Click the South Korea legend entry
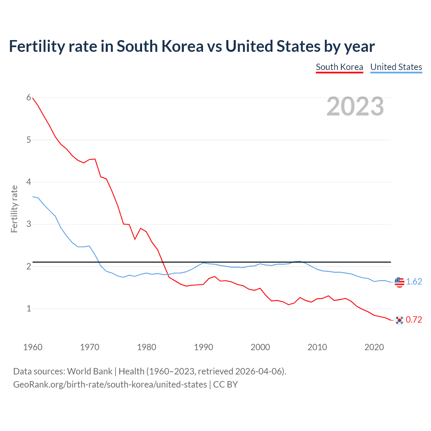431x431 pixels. [339, 67]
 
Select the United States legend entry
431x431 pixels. [396, 67]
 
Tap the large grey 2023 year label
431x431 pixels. [355, 106]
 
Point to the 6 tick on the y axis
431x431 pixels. [29, 98]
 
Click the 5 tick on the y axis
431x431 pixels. [29, 140]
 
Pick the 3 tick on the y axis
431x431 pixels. [29, 224]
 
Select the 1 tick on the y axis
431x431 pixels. [29, 308]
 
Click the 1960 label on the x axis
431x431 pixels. [33, 347]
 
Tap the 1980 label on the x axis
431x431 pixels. [146, 347]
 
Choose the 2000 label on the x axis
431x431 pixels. [260, 347]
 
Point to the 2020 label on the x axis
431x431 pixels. [374, 347]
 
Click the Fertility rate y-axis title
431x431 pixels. [14, 209]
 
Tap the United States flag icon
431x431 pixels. [399, 282]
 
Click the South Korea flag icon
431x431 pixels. [399, 320]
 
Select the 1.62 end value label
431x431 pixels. [414, 282]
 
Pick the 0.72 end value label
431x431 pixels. [414, 320]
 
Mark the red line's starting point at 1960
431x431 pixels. [33, 98]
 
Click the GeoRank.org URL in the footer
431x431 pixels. [110, 385]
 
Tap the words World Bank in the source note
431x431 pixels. [90, 371]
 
